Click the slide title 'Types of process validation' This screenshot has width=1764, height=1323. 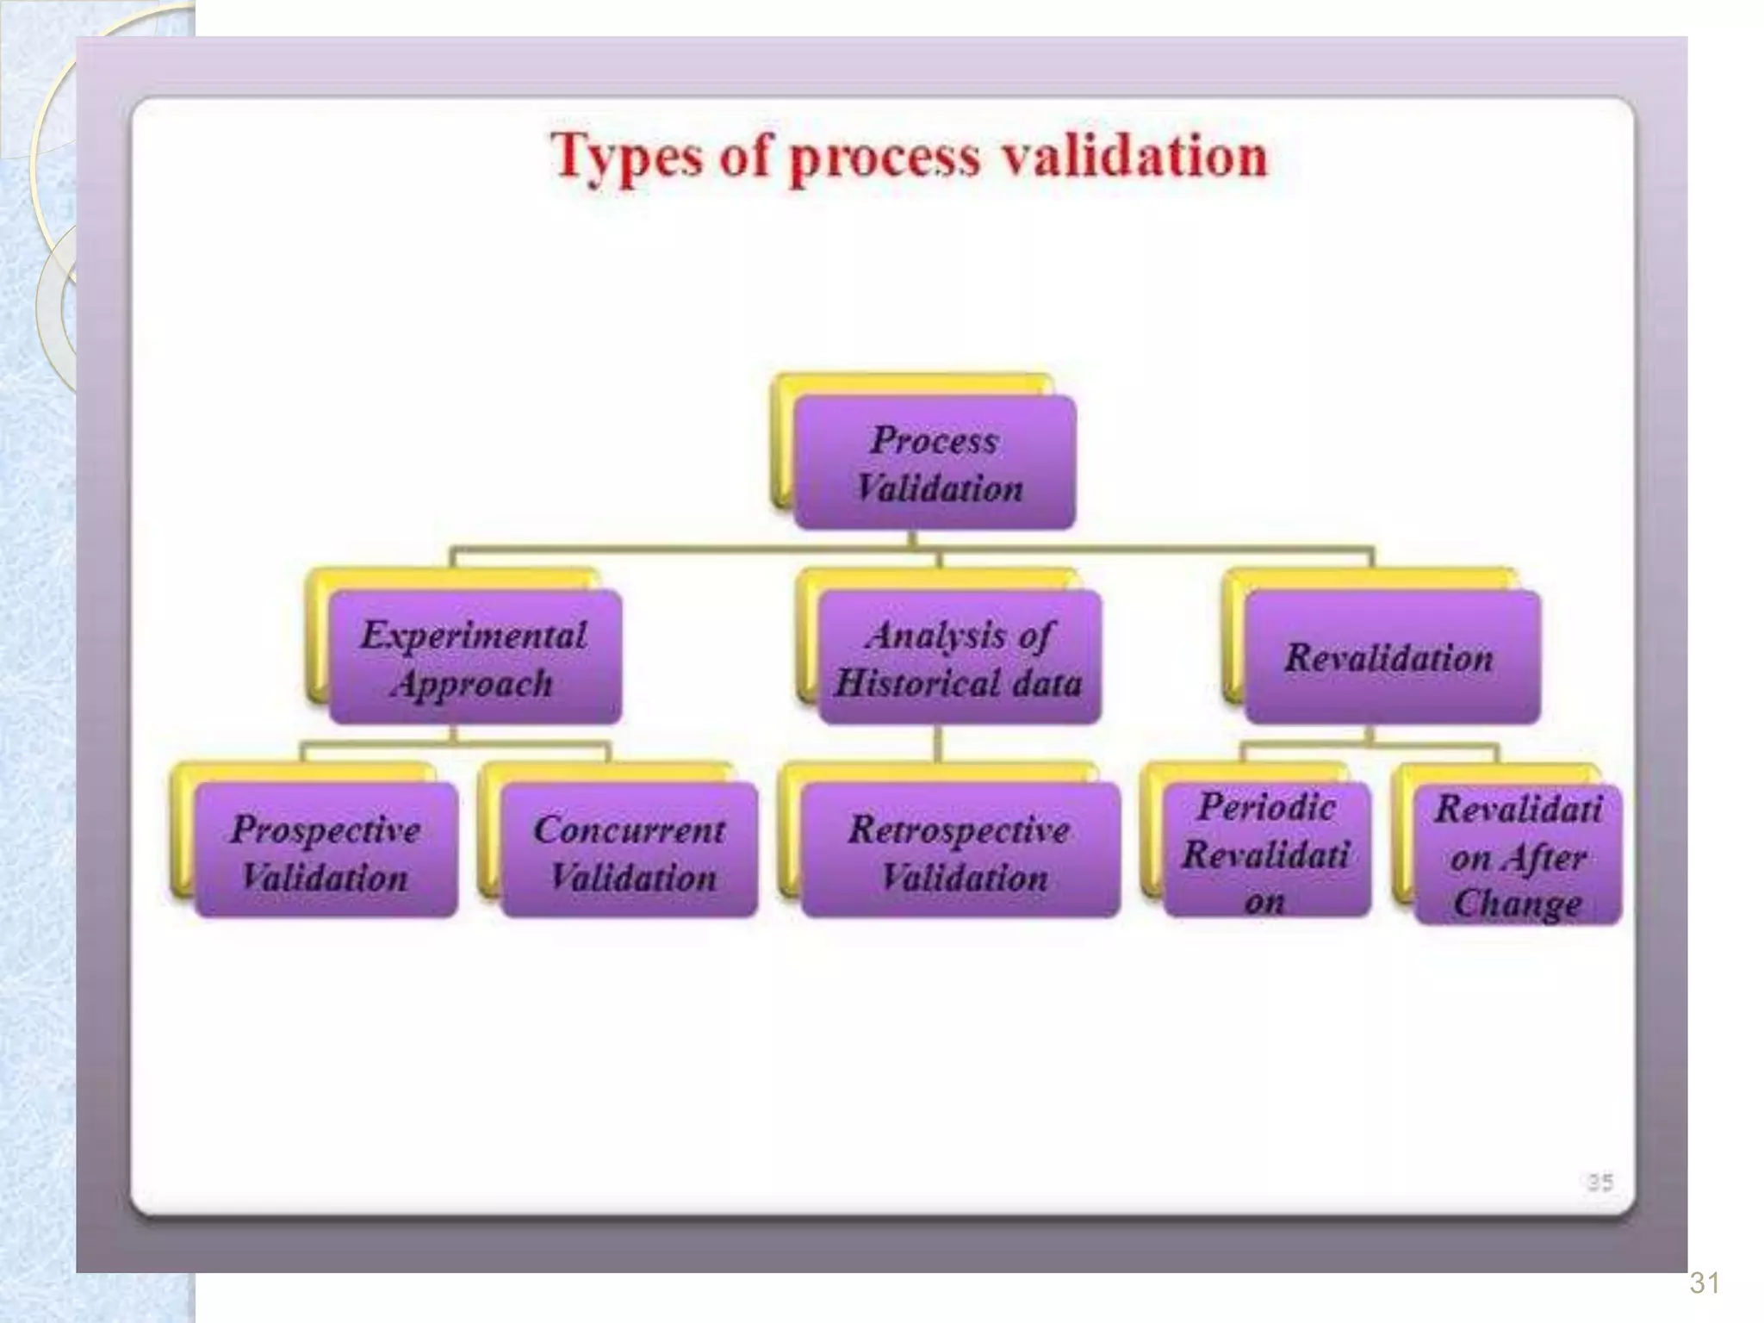pos(909,157)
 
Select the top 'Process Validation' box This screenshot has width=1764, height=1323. pos(935,463)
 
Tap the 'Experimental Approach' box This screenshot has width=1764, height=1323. pos(475,658)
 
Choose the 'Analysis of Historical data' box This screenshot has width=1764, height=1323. pos(959,658)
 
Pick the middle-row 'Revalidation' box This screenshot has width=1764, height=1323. pos(1390,658)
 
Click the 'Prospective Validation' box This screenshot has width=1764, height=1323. pos(326,852)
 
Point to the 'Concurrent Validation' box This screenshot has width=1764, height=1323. pos(630,852)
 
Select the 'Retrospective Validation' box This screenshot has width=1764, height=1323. pos(960,852)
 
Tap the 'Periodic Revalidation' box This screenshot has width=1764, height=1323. pos(1266,852)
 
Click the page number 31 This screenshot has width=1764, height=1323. pos(1705,1283)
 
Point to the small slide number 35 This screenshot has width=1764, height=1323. pos(1599,1182)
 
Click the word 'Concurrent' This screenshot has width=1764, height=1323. pos(630,829)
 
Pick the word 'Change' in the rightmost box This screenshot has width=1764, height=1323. pos(1518,903)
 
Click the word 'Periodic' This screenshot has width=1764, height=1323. pos(1266,807)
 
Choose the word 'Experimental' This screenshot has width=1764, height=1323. pos(474,635)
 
